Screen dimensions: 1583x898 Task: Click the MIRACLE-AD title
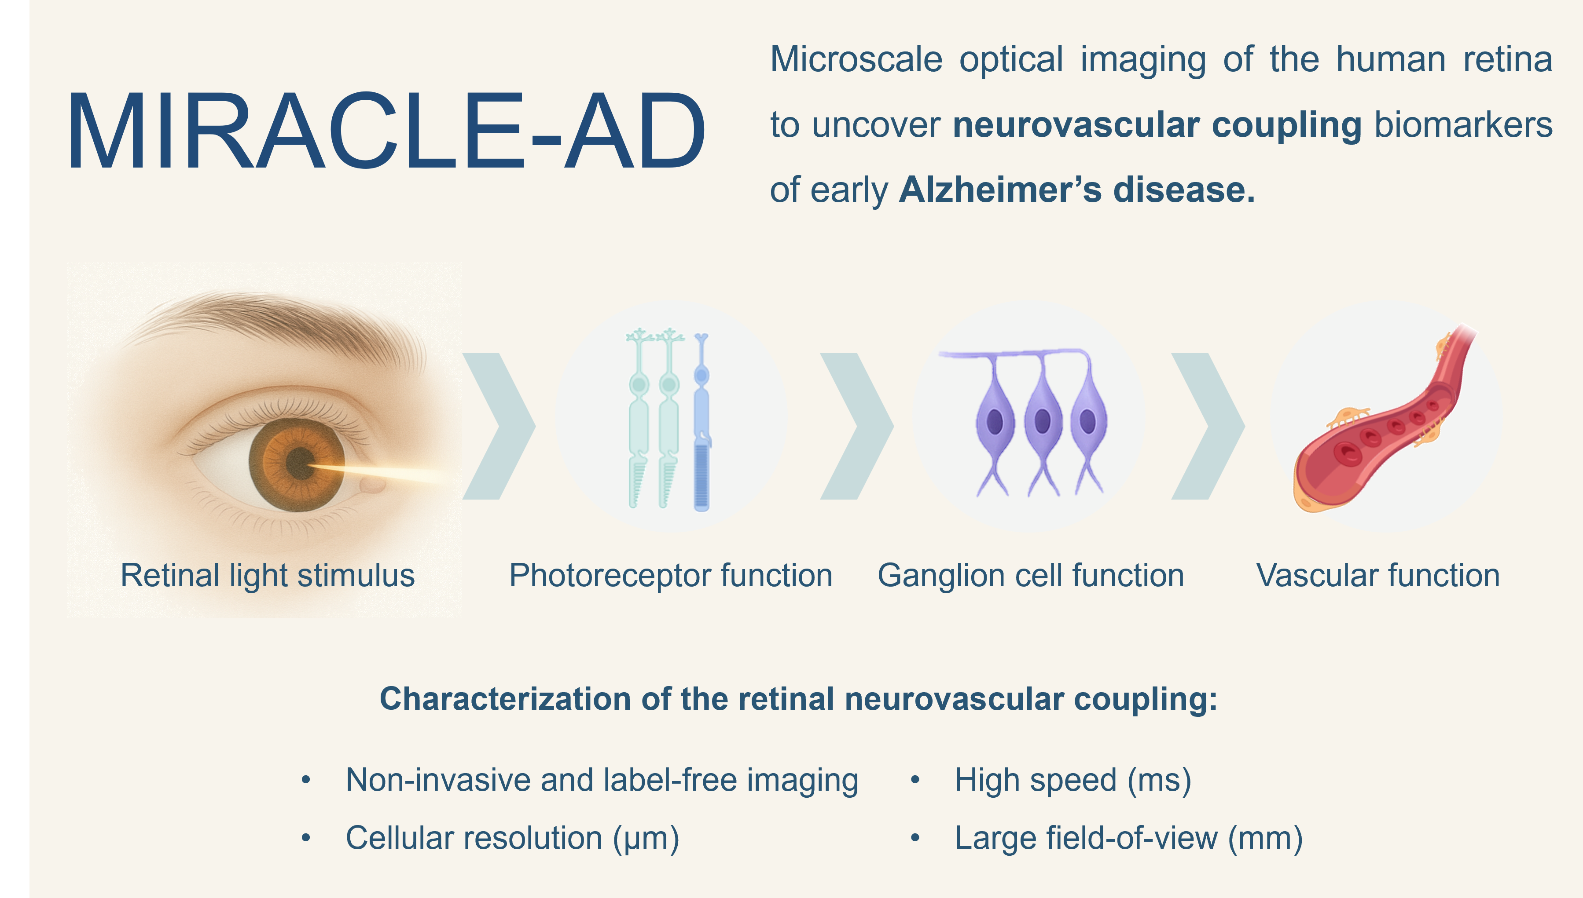tap(386, 131)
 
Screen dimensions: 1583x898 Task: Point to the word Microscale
tap(856, 60)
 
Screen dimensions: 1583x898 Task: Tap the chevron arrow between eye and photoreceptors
tap(499, 426)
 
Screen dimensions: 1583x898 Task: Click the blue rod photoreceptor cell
tap(702, 423)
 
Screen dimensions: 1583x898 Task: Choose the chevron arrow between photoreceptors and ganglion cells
tap(856, 426)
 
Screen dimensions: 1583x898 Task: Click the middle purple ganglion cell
tap(1043, 426)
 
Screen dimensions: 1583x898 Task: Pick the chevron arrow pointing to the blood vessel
tap(1208, 426)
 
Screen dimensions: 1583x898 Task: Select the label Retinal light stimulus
tap(267, 576)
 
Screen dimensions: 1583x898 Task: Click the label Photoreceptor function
tap(671, 576)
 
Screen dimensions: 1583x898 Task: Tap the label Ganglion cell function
tap(1031, 576)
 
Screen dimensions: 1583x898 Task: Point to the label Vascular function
tap(1378, 576)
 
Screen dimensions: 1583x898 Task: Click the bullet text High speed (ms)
tap(1072, 780)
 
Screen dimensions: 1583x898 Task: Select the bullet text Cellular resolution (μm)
tap(512, 838)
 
